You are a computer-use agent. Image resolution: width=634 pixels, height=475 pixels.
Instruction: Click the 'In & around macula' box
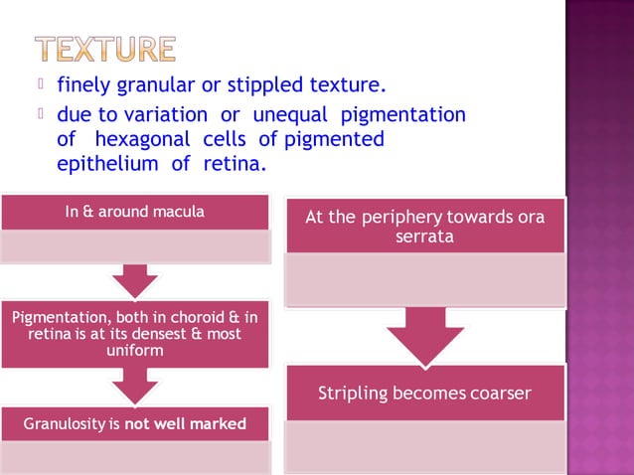click(x=136, y=212)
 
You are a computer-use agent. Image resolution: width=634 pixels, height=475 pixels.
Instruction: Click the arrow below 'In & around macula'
click(x=135, y=279)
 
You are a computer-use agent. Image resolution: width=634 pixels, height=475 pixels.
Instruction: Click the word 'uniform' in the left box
click(x=135, y=351)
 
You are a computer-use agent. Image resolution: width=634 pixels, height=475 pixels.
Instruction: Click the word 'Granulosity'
click(x=65, y=424)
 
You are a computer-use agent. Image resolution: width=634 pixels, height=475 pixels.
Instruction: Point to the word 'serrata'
click(x=424, y=237)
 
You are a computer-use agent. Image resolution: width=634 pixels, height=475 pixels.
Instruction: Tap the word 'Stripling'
click(x=357, y=394)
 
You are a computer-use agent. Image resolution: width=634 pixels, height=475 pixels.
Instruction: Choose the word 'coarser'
click(x=496, y=394)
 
